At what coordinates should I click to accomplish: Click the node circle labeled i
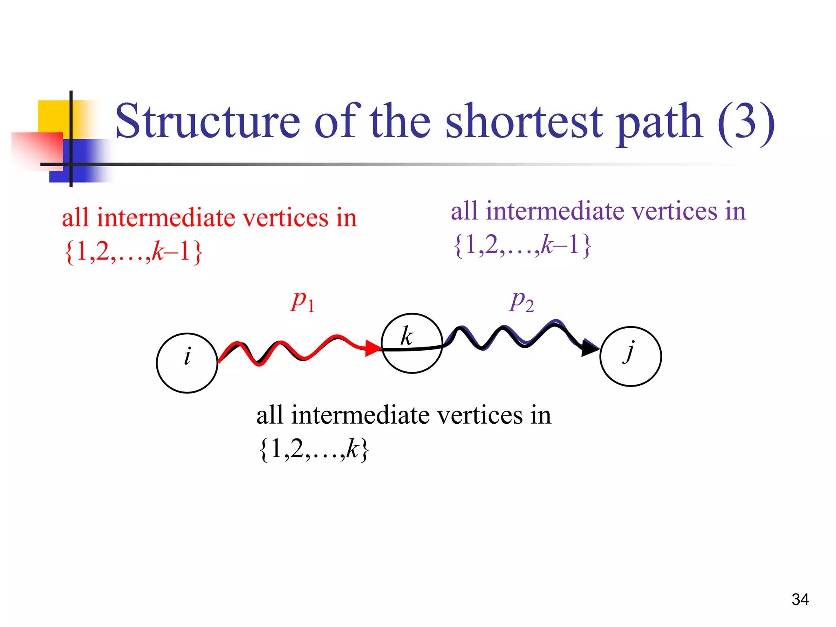[x=187, y=363]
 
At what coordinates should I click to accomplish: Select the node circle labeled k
[x=412, y=343]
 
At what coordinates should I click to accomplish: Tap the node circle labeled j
[x=630, y=356]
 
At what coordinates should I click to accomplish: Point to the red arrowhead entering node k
[x=373, y=348]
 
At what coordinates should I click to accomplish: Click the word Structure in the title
[x=208, y=121]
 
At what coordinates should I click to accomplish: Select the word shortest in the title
[x=524, y=121]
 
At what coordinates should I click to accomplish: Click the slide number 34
[x=800, y=599]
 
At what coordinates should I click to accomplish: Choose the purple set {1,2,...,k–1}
[x=522, y=245]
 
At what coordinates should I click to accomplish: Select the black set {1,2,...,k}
[x=313, y=449]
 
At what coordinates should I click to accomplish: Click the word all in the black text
[x=269, y=415]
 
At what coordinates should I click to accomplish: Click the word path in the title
[x=660, y=121]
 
